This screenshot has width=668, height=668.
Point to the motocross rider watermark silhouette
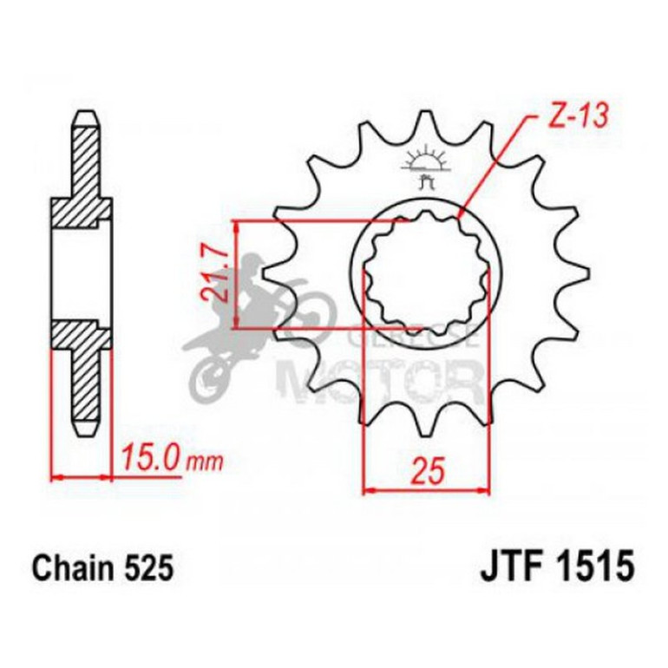252,321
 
